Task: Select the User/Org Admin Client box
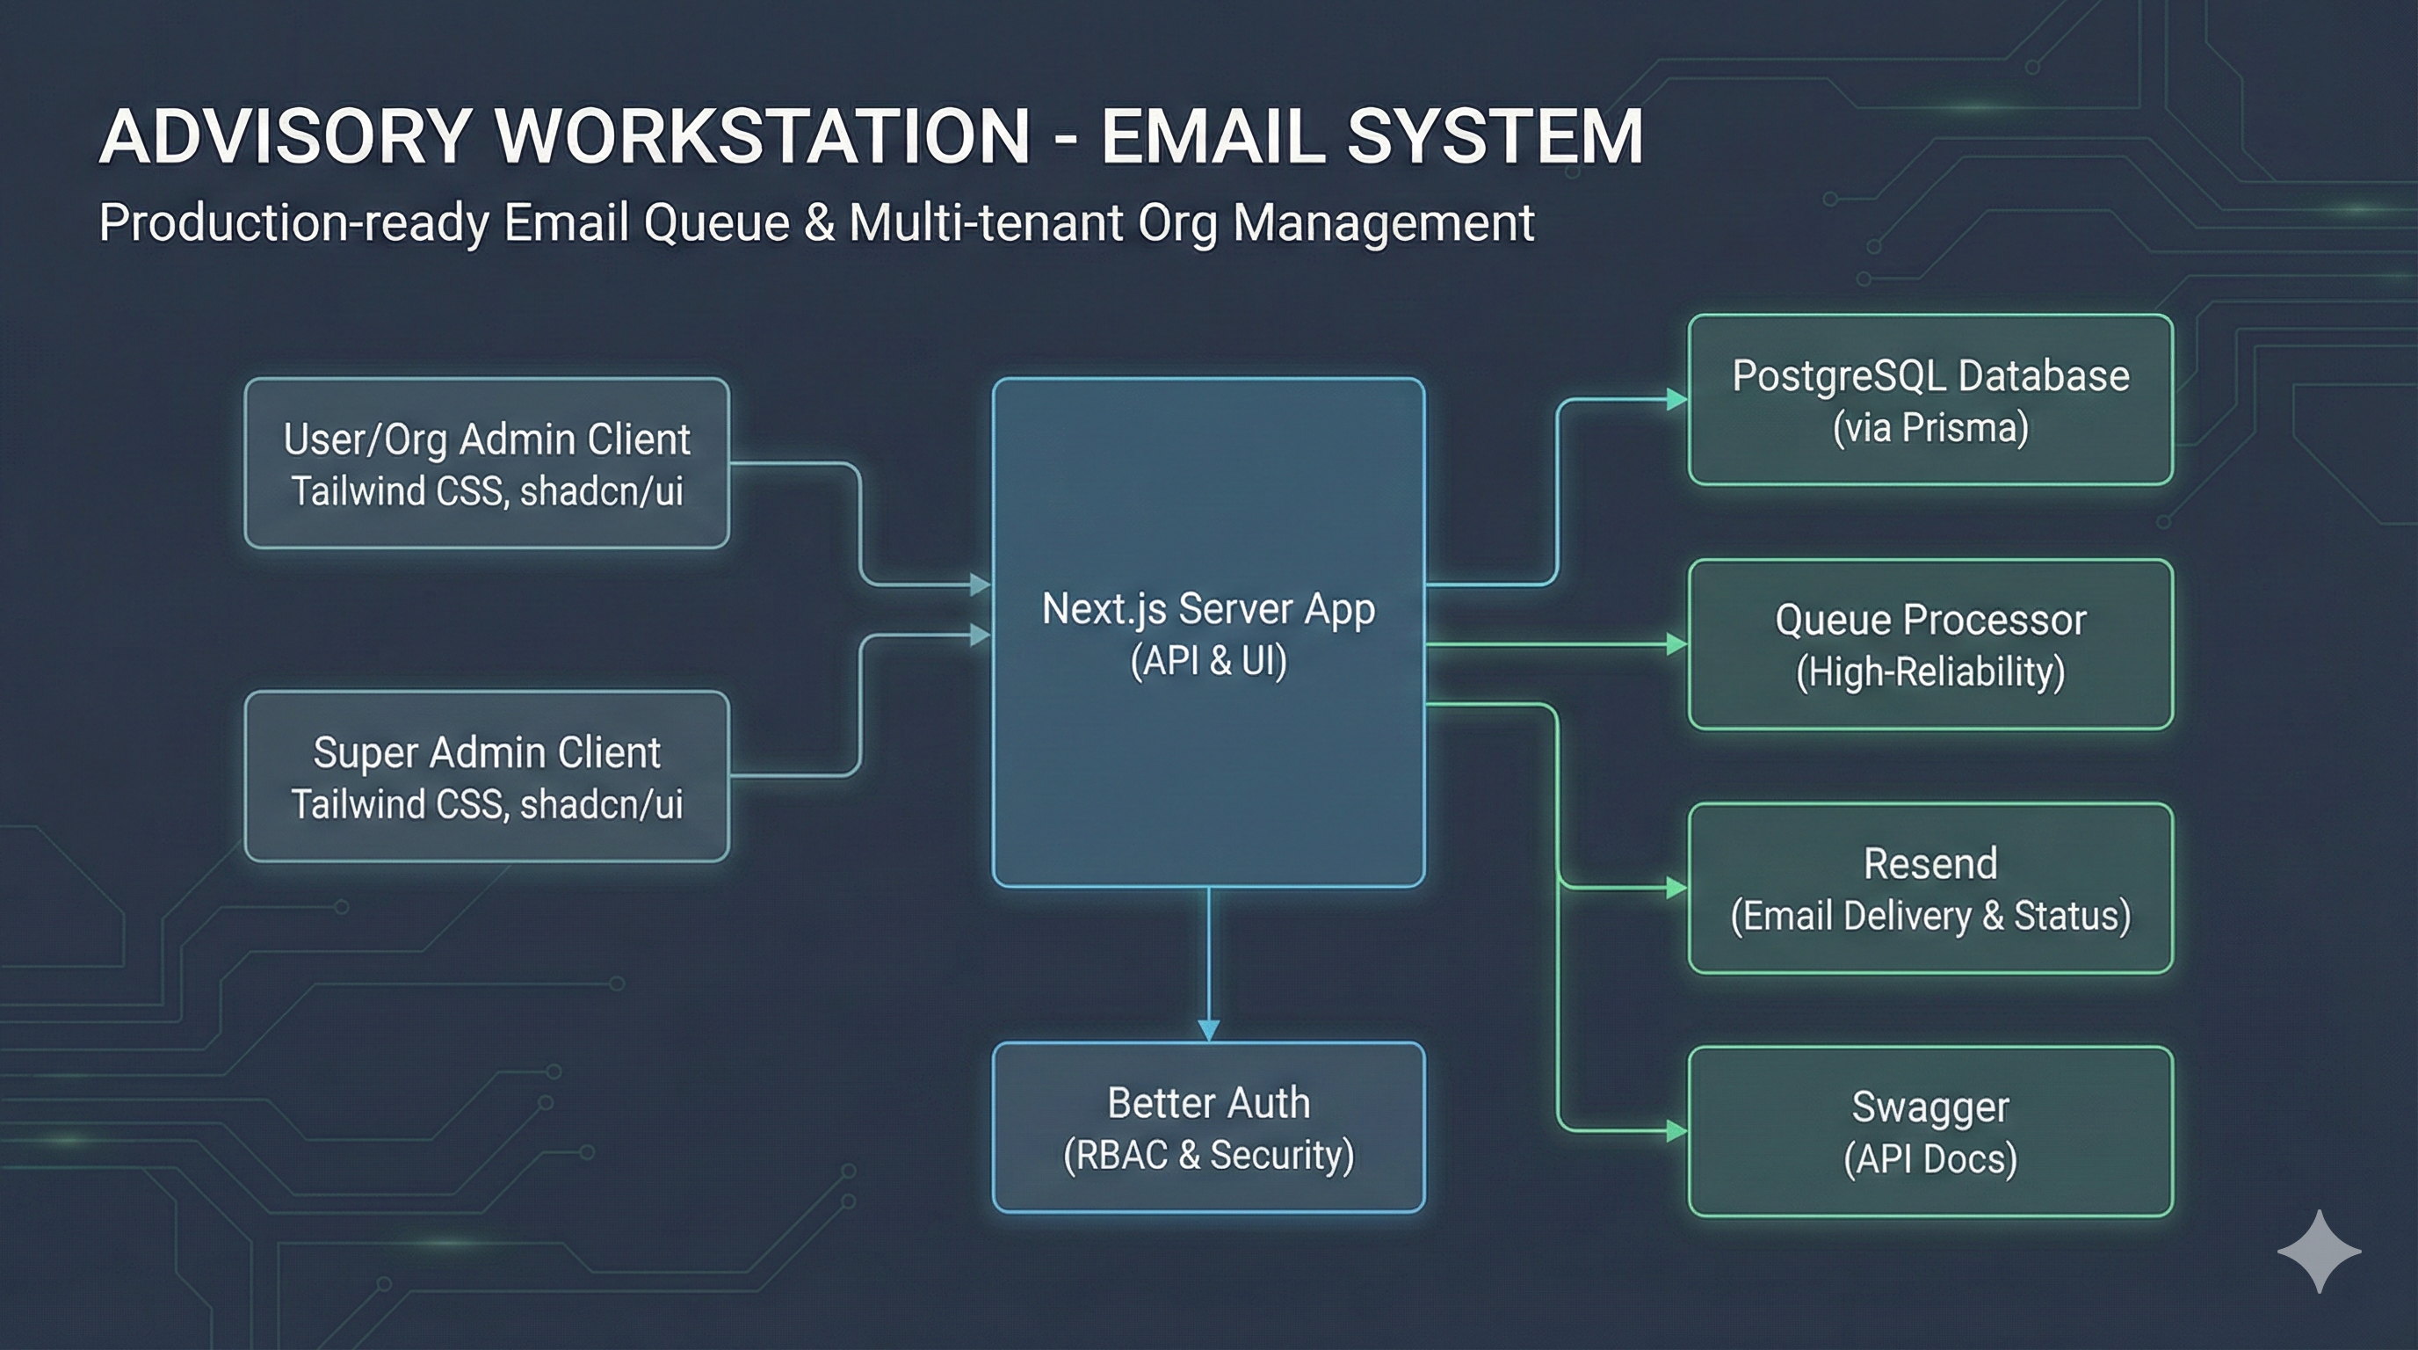coord(486,463)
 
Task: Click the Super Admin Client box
coord(486,776)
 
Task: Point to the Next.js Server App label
coord(1208,609)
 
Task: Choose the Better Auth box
coord(1208,1127)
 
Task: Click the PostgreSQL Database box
coord(1929,400)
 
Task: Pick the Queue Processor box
coord(1929,644)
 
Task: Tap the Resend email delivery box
coord(1929,888)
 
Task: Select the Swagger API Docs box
coord(1929,1131)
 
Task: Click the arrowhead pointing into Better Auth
coord(1209,1030)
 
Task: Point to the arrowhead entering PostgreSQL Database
coord(1676,400)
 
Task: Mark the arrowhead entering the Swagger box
coord(1676,1131)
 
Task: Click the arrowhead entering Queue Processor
coord(1676,644)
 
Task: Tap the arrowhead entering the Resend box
coord(1676,888)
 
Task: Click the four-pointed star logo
coord(2319,1252)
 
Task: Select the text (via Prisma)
coord(1929,428)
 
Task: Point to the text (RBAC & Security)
coord(1208,1155)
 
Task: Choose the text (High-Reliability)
coord(1929,672)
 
